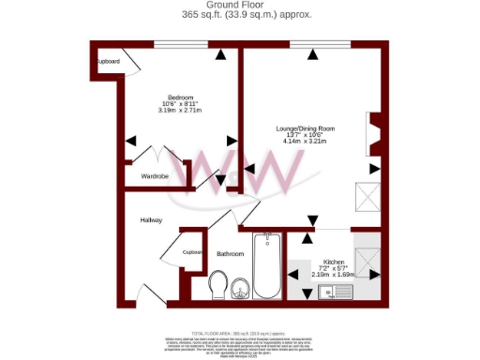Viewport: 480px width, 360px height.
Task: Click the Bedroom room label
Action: (x=181, y=98)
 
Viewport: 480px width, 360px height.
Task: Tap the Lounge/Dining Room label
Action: (x=305, y=128)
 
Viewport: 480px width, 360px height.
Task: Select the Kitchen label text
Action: (x=335, y=261)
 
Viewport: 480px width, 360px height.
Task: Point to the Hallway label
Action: (x=152, y=220)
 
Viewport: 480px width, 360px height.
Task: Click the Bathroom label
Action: (x=231, y=254)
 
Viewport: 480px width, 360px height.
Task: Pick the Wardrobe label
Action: (x=155, y=176)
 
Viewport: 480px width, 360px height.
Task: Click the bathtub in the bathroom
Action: (x=269, y=267)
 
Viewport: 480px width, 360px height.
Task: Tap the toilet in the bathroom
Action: (x=219, y=285)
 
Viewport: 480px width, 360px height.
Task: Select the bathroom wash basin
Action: (x=241, y=287)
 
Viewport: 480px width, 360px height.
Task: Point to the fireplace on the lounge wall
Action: (x=374, y=134)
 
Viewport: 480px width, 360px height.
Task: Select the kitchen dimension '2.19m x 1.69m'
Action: (x=335, y=276)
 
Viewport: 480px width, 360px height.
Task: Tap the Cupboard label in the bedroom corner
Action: (x=109, y=62)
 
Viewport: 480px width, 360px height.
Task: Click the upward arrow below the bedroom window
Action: (x=221, y=55)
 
